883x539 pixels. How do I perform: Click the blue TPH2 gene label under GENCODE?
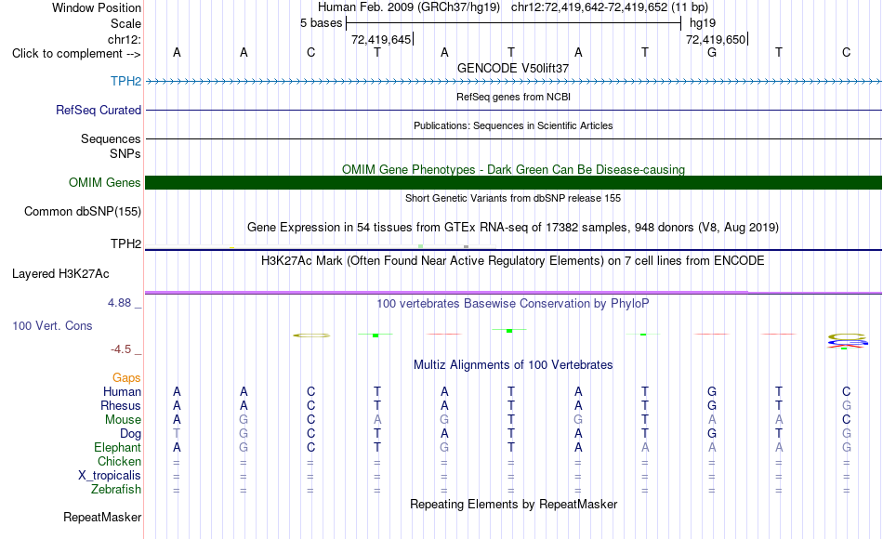click(x=125, y=81)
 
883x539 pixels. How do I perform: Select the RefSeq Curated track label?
click(x=99, y=110)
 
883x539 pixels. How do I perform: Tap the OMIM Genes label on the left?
click(x=105, y=182)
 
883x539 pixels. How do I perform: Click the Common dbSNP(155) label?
click(x=83, y=211)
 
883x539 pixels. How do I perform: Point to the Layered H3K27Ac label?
click(x=60, y=274)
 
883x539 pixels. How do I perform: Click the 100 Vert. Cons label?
click(x=52, y=325)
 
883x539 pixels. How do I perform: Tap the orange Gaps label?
click(x=126, y=378)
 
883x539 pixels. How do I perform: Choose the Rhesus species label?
click(x=121, y=405)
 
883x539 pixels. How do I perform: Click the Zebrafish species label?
click(x=116, y=489)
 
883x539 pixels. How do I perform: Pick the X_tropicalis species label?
click(x=110, y=476)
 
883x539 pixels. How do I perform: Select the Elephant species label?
click(x=118, y=447)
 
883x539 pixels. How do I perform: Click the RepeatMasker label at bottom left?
click(x=102, y=517)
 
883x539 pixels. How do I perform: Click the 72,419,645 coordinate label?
click(x=381, y=39)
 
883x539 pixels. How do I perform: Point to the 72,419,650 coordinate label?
click(x=716, y=39)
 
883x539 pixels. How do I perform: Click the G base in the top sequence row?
click(x=712, y=52)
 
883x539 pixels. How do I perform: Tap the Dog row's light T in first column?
click(x=177, y=434)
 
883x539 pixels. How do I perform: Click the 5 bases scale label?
click(x=321, y=23)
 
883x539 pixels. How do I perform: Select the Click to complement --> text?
click(x=76, y=54)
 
